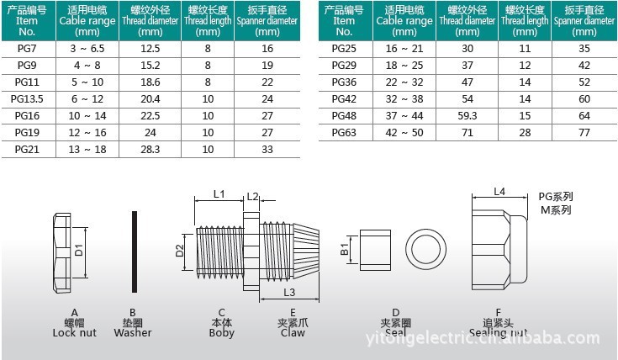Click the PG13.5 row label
[x=27, y=99]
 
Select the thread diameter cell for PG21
[x=151, y=150]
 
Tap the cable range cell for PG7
[x=87, y=49]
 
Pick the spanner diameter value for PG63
[x=584, y=133]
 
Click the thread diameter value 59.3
[x=467, y=116]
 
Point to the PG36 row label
[x=344, y=82]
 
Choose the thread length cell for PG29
[x=525, y=66]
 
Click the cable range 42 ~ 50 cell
[x=404, y=133]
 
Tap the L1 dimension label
[x=219, y=194]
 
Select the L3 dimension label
[x=289, y=292]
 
